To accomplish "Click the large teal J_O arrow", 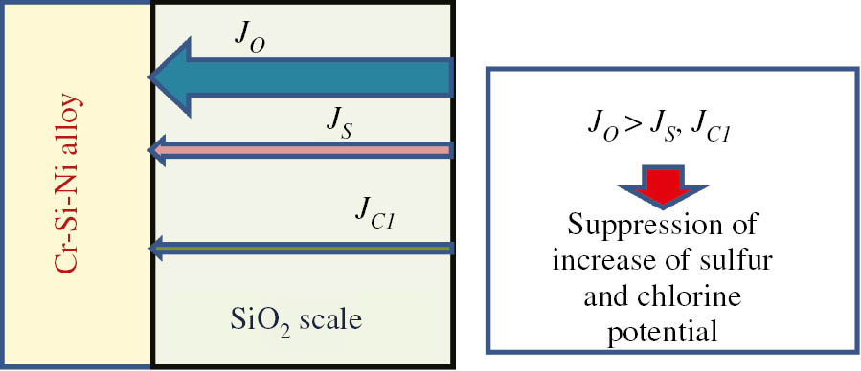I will pos(316,78).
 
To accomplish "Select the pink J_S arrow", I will pos(306,150).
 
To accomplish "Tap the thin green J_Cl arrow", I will pos(306,249).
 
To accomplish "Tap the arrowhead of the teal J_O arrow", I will pos(172,78).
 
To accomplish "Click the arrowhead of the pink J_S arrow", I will pos(155,150).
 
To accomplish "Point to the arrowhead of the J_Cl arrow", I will pos(155,249).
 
